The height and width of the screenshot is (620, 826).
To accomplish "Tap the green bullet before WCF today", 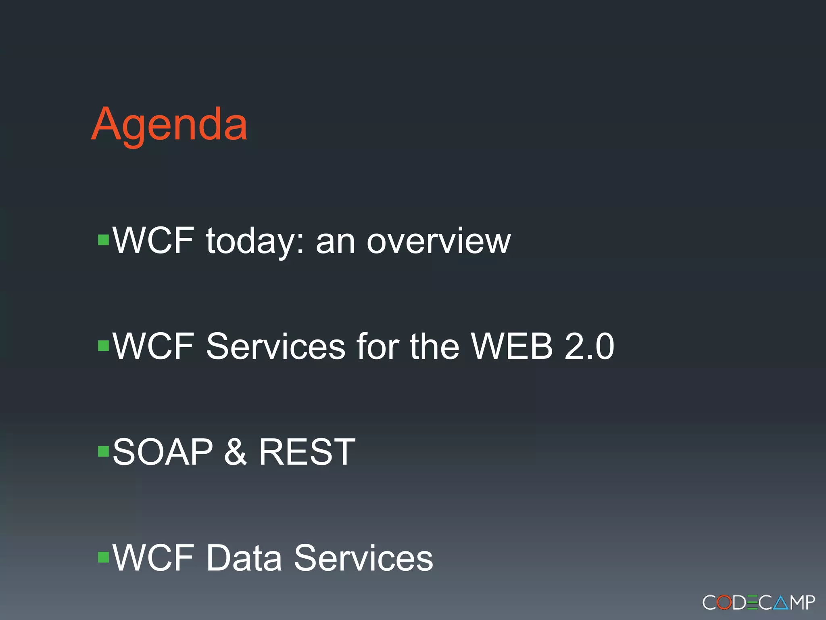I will (104, 240).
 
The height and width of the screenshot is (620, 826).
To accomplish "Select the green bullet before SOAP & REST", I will (104, 451).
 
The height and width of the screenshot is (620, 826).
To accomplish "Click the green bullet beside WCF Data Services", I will (104, 557).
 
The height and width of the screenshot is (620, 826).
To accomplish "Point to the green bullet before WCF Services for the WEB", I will (104, 346).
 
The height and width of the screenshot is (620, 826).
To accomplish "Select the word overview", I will (438, 241).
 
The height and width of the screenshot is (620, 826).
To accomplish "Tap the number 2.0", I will (589, 346).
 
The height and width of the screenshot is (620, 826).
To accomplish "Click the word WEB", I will (512, 346).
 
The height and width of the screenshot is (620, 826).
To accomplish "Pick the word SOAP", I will (163, 452).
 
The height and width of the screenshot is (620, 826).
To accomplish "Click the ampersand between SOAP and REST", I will (235, 452).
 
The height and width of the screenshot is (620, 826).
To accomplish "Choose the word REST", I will (307, 452).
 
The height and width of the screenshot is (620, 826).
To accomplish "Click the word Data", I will (244, 558).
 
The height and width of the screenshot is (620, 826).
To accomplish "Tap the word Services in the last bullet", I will (363, 558).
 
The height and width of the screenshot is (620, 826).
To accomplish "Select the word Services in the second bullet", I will (275, 346).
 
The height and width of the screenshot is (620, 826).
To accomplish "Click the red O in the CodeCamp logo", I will (724, 603).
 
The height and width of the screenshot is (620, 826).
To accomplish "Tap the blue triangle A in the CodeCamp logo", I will (781, 603).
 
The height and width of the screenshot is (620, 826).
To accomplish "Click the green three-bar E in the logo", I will (753, 603).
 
